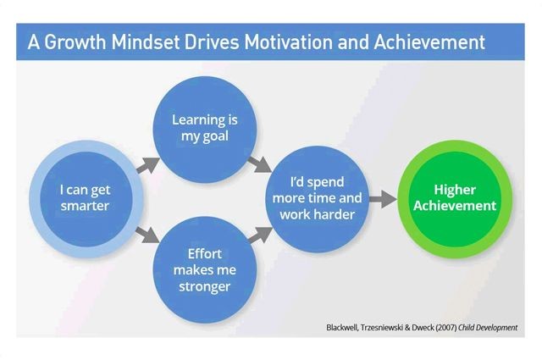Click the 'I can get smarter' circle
[x=86, y=198]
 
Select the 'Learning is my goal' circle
[x=205, y=130]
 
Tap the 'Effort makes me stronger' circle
[x=205, y=269]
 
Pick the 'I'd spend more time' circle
[x=318, y=198]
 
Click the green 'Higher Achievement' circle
[x=455, y=198]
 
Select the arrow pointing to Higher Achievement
[x=383, y=199]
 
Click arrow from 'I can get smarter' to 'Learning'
[x=148, y=165]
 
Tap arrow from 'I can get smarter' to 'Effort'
[x=147, y=235]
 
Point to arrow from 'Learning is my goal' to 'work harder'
[x=260, y=164]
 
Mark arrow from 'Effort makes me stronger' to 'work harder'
[x=260, y=235]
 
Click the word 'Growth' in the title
[x=75, y=42]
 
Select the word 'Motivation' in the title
[x=289, y=42]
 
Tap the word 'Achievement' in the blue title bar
[x=429, y=42]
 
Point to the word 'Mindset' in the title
[x=146, y=42]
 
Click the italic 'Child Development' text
[x=488, y=327]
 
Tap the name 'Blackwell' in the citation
[x=341, y=327]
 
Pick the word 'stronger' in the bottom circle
[x=205, y=286]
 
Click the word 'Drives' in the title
[x=212, y=42]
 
